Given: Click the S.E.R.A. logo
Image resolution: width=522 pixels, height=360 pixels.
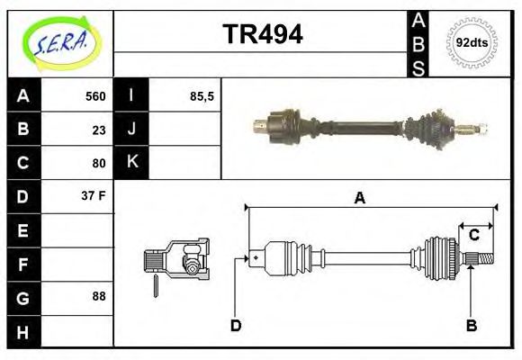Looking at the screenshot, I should pyautogui.click(x=60, y=42).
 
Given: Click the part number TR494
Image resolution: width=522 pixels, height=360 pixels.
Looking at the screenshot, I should pyautogui.click(x=262, y=34).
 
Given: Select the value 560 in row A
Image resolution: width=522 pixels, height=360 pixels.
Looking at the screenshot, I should pyautogui.click(x=94, y=96).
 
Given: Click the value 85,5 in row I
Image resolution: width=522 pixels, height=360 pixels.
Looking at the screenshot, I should pyautogui.click(x=202, y=96).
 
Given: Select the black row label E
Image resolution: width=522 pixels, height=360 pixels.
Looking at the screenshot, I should pyautogui.click(x=22, y=230).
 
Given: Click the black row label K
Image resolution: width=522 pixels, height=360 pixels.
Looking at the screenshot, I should pyautogui.click(x=131, y=163).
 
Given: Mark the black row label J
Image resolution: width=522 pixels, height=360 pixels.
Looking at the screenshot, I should pyautogui.click(x=131, y=130).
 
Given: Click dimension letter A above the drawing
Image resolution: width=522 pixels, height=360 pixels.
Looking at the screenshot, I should pyautogui.click(x=359, y=198).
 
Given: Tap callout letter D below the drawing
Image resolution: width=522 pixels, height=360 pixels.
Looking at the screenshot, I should pyautogui.click(x=236, y=326).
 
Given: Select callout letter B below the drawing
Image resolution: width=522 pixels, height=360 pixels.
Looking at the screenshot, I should pyautogui.click(x=471, y=326).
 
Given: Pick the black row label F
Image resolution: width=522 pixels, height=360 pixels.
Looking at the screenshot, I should pyautogui.click(x=22, y=264).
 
